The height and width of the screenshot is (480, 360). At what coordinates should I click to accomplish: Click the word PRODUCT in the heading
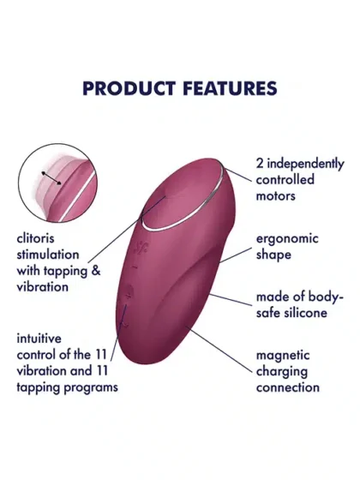pyautogui.click(x=129, y=88)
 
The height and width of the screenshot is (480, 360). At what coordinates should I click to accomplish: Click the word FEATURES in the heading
pyautogui.click(x=230, y=88)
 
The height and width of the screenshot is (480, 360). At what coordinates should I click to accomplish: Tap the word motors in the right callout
pyautogui.click(x=275, y=196)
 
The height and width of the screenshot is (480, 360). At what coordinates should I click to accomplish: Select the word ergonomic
pyautogui.click(x=287, y=239)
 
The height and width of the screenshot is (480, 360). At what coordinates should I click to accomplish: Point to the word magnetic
pyautogui.click(x=283, y=356)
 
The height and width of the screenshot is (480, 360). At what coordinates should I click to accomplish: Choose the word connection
pyautogui.click(x=287, y=387)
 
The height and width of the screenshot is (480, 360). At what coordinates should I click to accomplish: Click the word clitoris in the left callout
pyautogui.click(x=35, y=238)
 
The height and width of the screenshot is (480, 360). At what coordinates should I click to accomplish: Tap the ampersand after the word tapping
pyautogui.click(x=96, y=271)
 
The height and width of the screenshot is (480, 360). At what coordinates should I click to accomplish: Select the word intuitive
pyautogui.click(x=39, y=339)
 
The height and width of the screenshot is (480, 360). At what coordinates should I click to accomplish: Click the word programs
pyautogui.click(x=91, y=387)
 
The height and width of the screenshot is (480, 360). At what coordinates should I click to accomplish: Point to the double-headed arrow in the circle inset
pyautogui.click(x=51, y=178)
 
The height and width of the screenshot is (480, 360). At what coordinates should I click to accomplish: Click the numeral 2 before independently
pyautogui.click(x=260, y=164)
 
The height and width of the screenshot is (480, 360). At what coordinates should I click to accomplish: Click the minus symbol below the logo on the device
pyautogui.click(x=135, y=267)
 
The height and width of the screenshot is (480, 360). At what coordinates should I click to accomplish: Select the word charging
pyautogui.click(x=282, y=372)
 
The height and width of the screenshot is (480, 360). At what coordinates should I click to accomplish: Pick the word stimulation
pyautogui.click(x=48, y=255)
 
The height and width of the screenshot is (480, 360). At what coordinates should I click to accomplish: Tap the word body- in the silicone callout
pyautogui.click(x=326, y=297)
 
